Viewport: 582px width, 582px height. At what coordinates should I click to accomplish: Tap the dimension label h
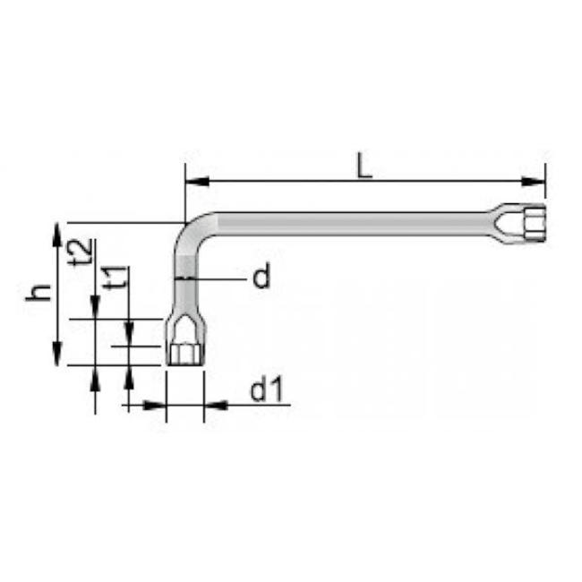(x=36, y=292)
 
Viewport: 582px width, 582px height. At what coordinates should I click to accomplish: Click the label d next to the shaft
(x=260, y=278)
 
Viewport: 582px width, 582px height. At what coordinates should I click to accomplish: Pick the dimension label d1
(x=266, y=390)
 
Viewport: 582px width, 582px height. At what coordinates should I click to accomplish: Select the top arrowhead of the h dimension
(x=58, y=234)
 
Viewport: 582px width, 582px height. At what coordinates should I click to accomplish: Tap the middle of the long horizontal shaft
(x=358, y=223)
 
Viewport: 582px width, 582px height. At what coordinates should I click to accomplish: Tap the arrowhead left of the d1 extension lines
(x=156, y=405)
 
